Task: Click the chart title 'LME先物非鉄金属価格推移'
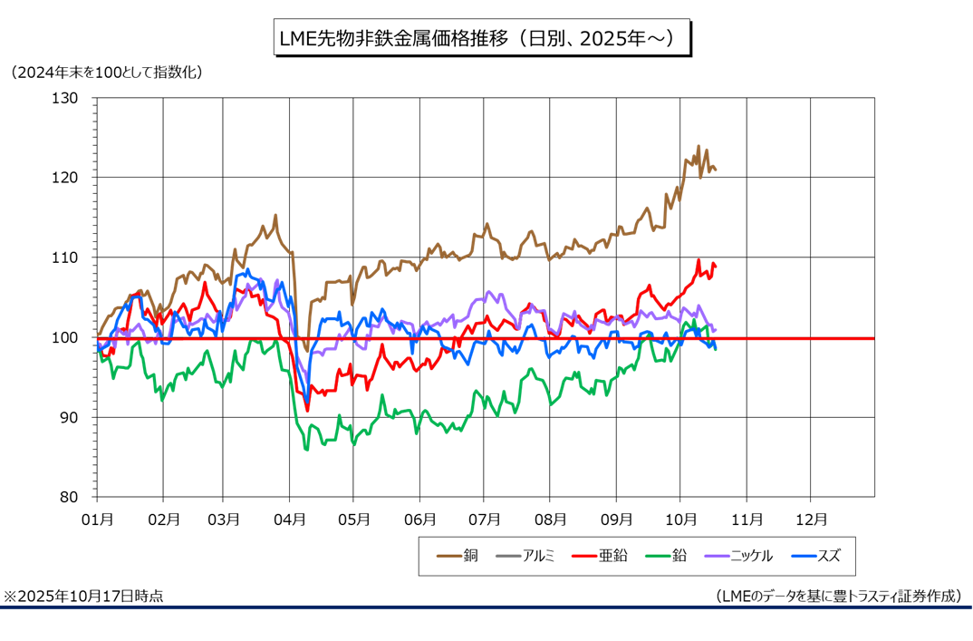pyautogui.click(x=479, y=40)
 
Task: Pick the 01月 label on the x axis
pyautogui.click(x=98, y=520)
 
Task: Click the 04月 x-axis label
pyautogui.click(x=289, y=520)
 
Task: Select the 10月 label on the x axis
pyautogui.click(x=680, y=520)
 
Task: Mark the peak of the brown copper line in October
pyautogui.click(x=698, y=146)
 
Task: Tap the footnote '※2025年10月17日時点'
pyautogui.click(x=83, y=596)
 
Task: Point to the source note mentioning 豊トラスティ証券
pyautogui.click(x=838, y=596)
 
